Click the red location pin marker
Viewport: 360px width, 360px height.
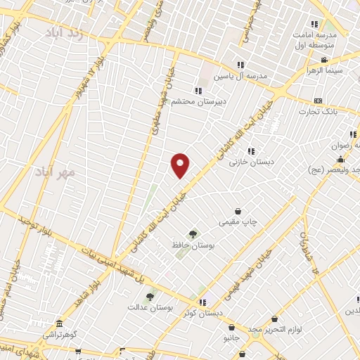(181, 165)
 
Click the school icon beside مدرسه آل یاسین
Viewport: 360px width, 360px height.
(241, 65)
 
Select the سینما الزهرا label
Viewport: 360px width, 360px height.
(323, 71)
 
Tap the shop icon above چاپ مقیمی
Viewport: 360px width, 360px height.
(238, 211)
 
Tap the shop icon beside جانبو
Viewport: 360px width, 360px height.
(231, 327)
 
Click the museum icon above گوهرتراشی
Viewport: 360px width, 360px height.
(59, 324)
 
